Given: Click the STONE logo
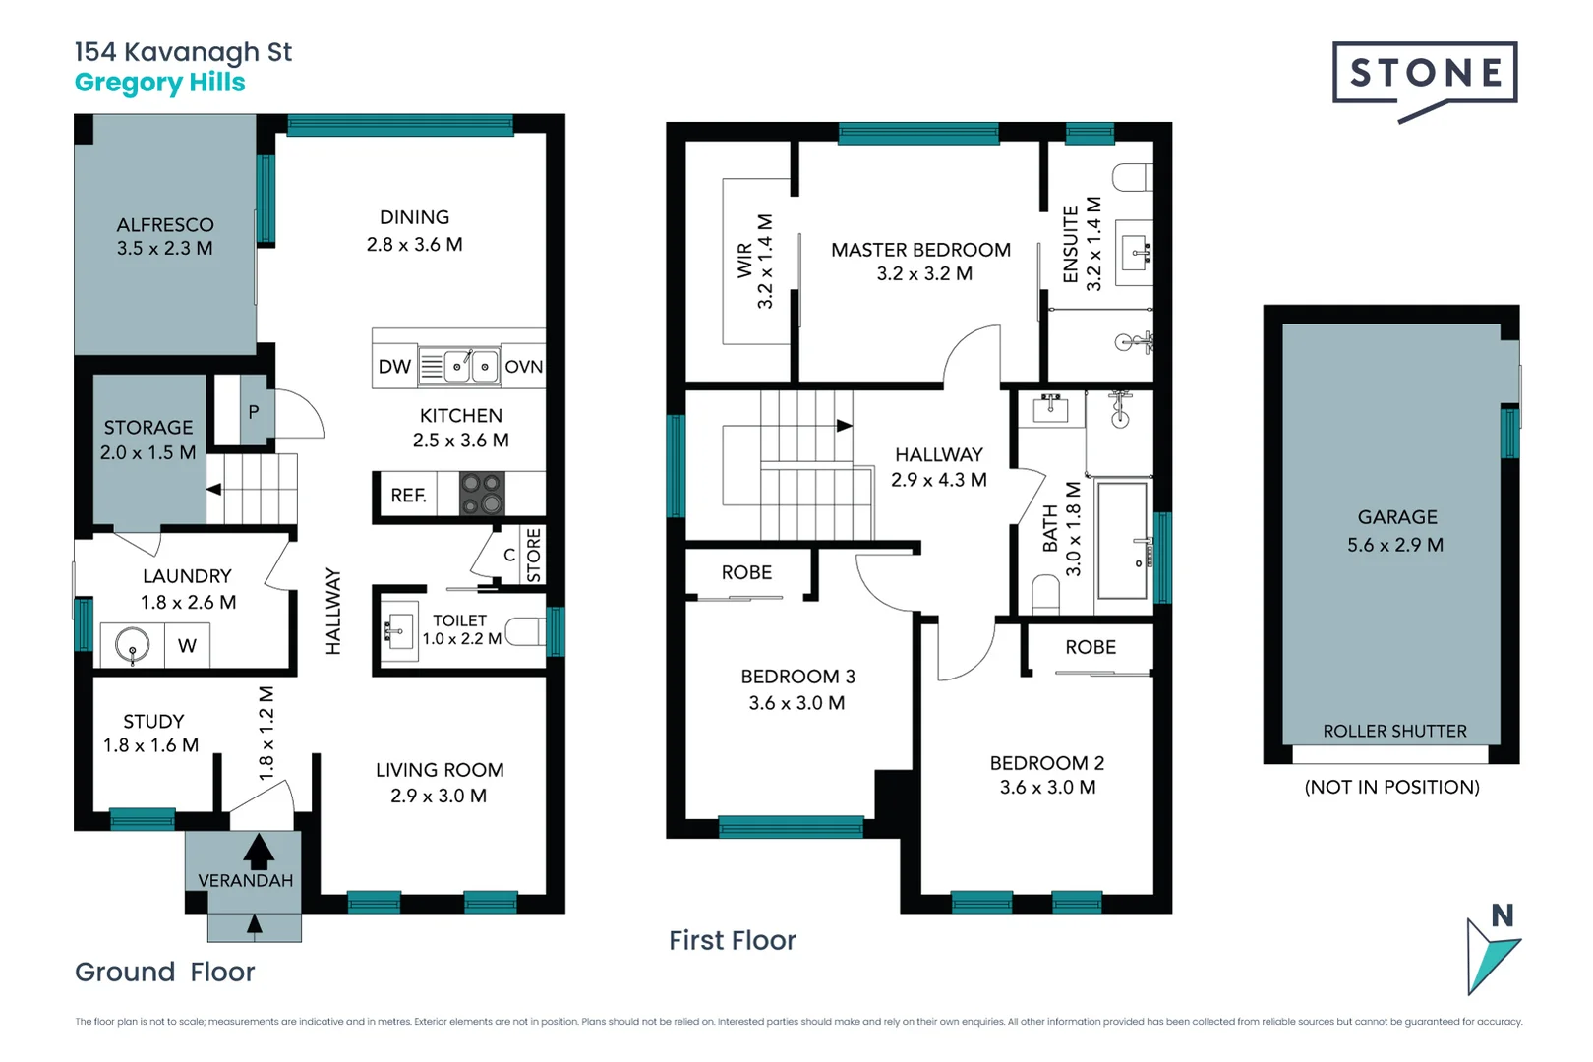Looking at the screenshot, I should point(1425,74).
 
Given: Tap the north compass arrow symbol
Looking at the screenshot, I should point(1492,954).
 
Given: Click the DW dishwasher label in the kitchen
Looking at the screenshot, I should point(394,367).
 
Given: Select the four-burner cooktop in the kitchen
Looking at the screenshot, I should point(482,494).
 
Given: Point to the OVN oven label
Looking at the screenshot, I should point(523,367).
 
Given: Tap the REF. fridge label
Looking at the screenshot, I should point(408,496).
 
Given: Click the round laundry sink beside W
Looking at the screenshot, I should point(132,646).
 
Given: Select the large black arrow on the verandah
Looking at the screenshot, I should point(259,851).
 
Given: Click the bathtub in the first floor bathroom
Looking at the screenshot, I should point(1122,540).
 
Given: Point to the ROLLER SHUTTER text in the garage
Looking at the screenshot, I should point(1394,731).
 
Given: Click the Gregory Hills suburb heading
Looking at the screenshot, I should point(160,83).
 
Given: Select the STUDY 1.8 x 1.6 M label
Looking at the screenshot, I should point(151,734).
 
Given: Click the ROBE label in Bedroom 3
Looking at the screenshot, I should point(746,572).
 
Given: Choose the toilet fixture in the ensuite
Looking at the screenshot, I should point(1133,177).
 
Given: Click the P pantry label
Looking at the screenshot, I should point(254,412).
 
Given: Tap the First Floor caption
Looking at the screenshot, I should point(733,941).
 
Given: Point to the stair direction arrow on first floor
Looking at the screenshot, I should point(844,426).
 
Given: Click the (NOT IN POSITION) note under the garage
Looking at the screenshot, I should point(1391,787).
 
